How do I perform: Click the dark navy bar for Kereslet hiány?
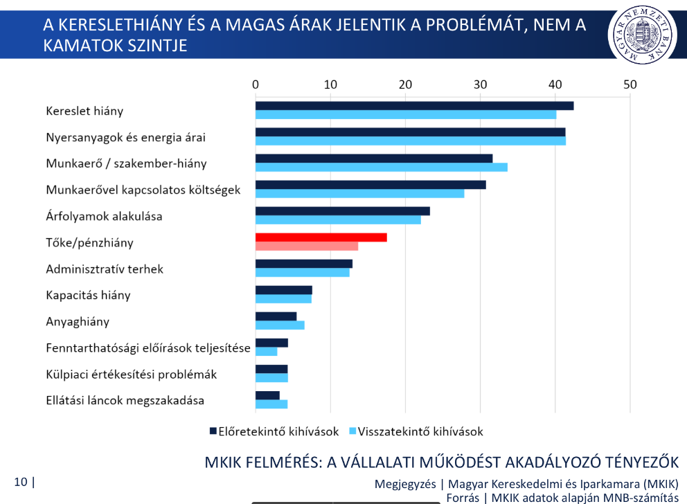(414, 106)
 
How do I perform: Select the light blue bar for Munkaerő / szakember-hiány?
(382, 167)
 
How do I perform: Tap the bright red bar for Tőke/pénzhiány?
(321, 237)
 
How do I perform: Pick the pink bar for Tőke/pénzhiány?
(307, 246)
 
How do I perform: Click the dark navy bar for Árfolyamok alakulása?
(343, 211)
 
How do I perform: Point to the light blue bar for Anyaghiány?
(280, 325)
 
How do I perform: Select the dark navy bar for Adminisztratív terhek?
(304, 264)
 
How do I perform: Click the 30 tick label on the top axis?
(480, 84)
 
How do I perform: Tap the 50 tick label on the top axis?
(630, 84)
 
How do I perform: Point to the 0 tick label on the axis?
(256, 84)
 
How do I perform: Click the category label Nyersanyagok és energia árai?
(125, 137)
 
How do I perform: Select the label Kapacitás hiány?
(88, 295)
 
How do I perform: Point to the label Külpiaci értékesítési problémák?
(131, 374)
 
